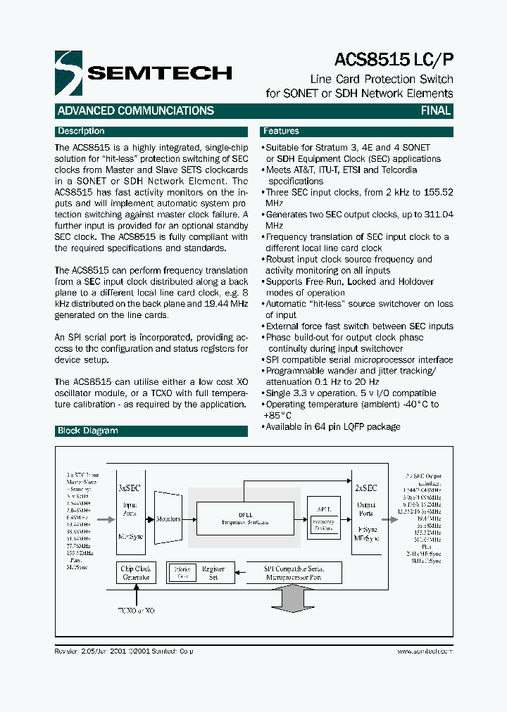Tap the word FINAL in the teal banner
point(435,110)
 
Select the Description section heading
point(81,132)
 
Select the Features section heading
point(281,132)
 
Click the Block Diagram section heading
point(88,431)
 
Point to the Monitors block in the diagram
point(168,519)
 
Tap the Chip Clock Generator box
point(136,573)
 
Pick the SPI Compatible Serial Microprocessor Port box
point(294,572)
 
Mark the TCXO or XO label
point(135,610)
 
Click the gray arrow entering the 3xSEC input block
point(105,519)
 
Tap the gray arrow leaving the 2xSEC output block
point(392,519)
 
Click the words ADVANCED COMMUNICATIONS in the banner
point(135,110)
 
